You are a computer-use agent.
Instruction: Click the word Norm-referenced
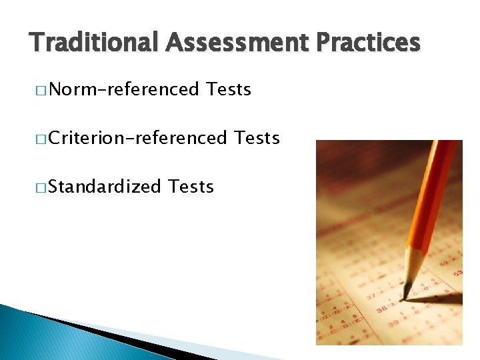(123, 89)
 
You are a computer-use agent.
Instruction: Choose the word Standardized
(105, 186)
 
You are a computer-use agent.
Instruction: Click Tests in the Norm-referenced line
(229, 89)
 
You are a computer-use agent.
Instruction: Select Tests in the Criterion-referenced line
(257, 137)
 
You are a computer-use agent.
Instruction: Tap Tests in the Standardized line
(191, 186)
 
